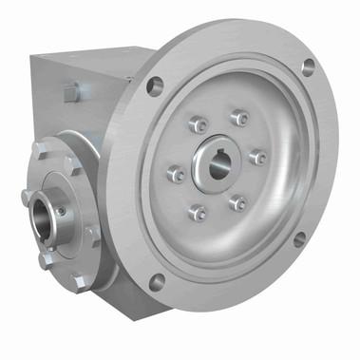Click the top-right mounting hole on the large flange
pos(308,66)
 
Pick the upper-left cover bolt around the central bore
pos(197,124)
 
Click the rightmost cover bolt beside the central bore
pos(257,156)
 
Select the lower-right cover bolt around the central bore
pos(238,202)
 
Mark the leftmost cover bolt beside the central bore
pos(176,174)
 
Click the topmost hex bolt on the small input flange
pos(38,149)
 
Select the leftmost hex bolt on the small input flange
pos(27,197)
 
